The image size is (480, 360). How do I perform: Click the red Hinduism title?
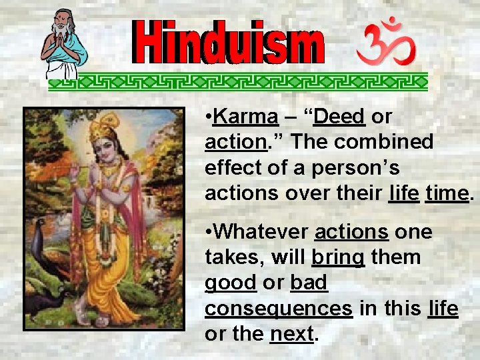229,43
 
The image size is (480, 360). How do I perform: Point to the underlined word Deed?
340,117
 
